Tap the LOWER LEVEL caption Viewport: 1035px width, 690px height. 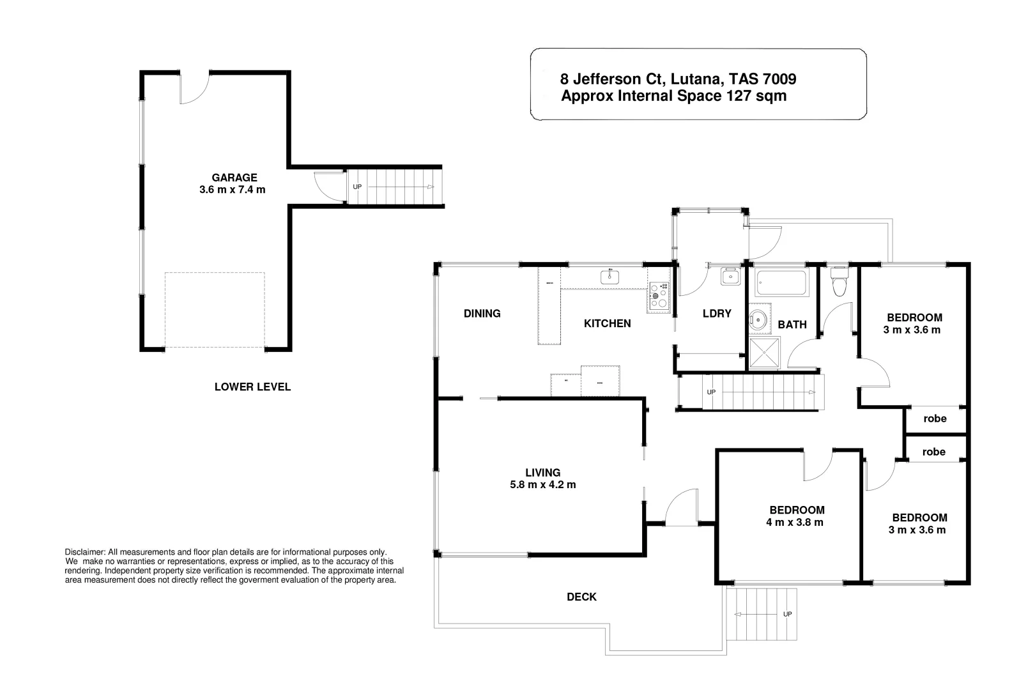point(252,387)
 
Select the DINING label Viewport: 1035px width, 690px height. point(482,313)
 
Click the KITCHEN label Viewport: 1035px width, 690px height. point(607,323)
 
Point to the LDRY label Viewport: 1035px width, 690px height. point(716,313)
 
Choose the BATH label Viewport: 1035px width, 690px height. point(792,325)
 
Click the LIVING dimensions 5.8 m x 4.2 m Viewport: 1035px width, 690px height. point(542,484)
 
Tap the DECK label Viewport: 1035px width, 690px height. point(581,597)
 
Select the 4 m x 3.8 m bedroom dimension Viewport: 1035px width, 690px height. point(795,522)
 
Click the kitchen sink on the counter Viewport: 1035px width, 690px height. point(609,277)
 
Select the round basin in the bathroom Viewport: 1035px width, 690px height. point(760,319)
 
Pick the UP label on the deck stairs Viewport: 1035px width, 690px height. point(787,614)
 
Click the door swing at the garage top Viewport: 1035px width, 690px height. point(194,89)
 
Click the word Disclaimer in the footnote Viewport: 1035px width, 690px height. point(84,551)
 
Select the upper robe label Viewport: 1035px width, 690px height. point(935,418)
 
